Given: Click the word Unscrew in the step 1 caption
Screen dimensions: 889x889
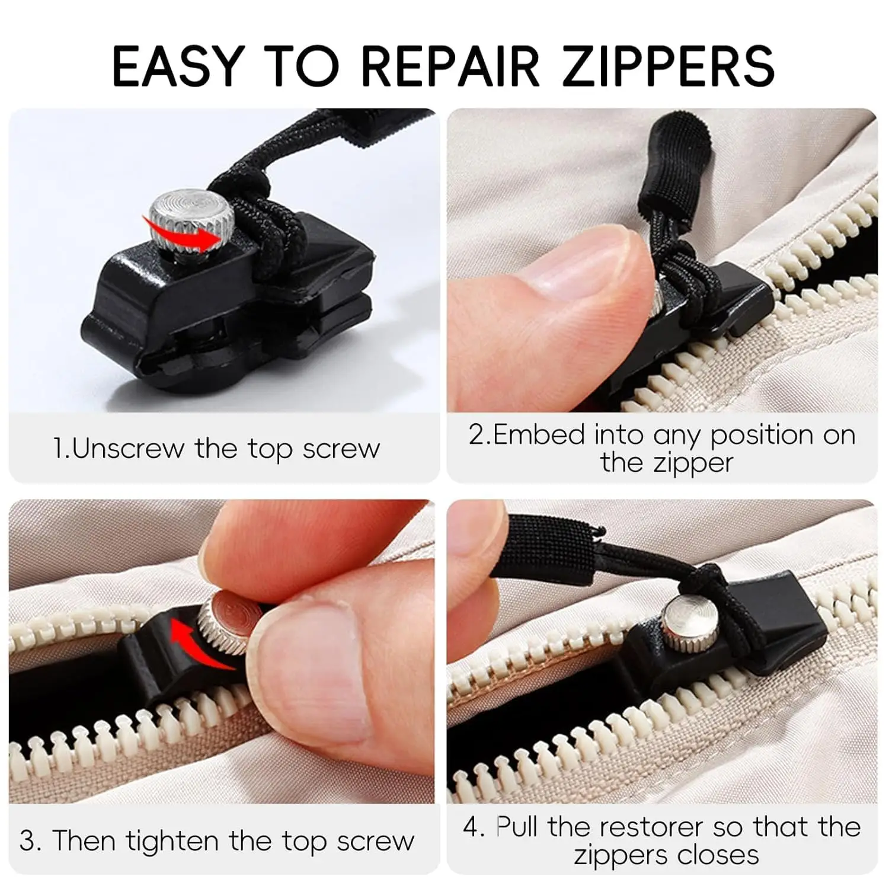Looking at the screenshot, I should pyautogui.click(x=128, y=449).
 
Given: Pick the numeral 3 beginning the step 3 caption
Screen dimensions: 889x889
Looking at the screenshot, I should pyautogui.click(x=27, y=841).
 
